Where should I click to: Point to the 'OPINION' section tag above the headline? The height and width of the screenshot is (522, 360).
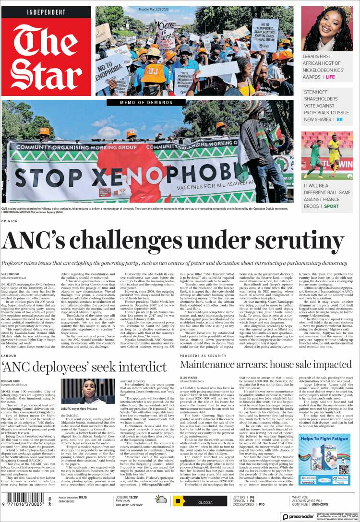click(10, 221)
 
